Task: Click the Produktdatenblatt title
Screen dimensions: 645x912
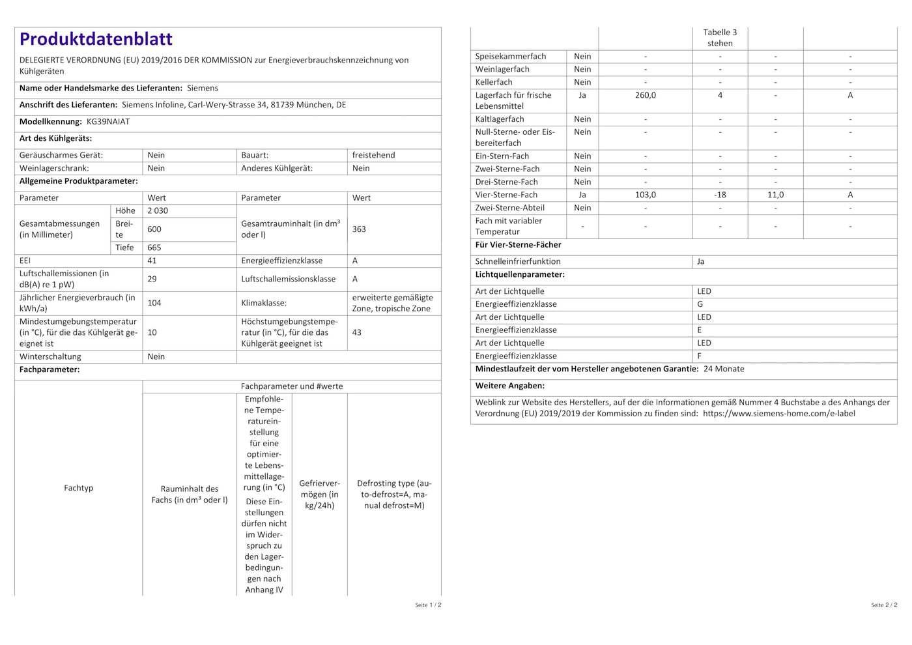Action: [x=96, y=39]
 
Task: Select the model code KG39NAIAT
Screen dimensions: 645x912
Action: [x=108, y=122]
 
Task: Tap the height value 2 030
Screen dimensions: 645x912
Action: [x=158, y=211]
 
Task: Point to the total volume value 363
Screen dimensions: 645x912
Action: [x=359, y=229]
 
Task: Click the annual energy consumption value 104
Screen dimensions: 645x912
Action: [x=154, y=303]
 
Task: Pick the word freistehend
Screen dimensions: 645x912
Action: [x=373, y=155]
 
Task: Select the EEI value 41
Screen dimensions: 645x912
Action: [x=152, y=261]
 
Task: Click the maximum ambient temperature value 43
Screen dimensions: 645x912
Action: [x=357, y=332]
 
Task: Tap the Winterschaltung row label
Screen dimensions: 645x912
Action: [x=50, y=356]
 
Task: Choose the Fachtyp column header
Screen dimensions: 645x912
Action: [x=78, y=488]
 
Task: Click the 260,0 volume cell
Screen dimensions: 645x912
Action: [x=646, y=95]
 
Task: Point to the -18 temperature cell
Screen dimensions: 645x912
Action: [x=720, y=195]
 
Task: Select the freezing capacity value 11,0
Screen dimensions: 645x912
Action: [x=775, y=195]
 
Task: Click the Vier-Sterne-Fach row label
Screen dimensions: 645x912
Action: [x=506, y=195]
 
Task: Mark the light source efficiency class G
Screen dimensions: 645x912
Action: [x=700, y=304]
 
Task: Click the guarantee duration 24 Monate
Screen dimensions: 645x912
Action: [x=724, y=369]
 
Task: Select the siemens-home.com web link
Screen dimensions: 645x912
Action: [x=779, y=413]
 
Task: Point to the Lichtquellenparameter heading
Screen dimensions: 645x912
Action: [x=520, y=275]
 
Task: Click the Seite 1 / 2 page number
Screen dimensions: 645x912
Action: [x=428, y=605]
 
